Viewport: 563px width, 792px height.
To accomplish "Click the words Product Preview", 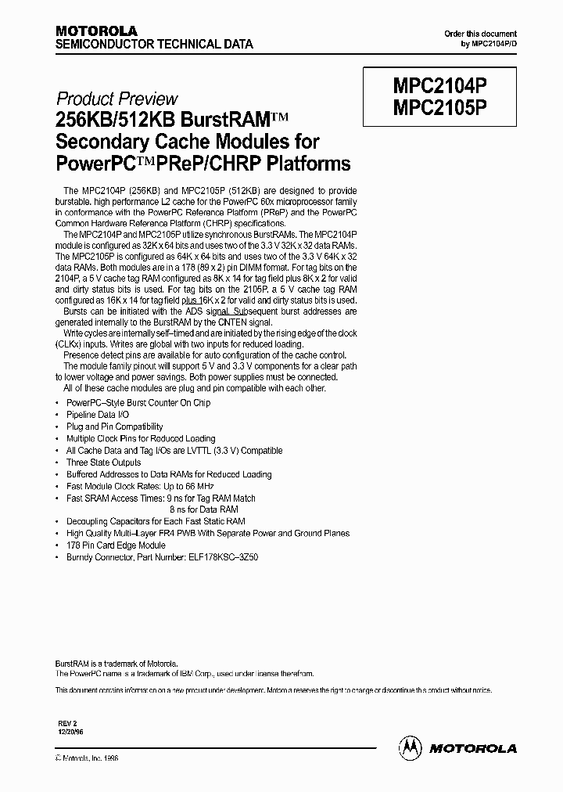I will click(x=117, y=99).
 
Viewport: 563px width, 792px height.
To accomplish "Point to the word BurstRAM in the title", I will click(x=224, y=121).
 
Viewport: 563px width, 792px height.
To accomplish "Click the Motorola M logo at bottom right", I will click(x=411, y=747).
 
